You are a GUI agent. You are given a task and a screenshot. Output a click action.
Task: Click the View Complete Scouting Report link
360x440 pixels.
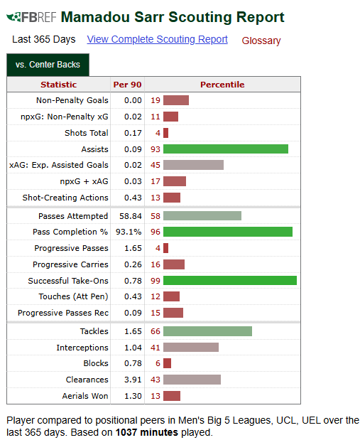tap(157, 39)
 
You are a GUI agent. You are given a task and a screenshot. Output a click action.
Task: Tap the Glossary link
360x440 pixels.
tap(261, 41)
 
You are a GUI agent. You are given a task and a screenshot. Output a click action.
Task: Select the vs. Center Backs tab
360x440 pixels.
tap(48, 65)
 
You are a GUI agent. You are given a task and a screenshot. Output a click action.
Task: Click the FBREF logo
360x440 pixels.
tap(31, 17)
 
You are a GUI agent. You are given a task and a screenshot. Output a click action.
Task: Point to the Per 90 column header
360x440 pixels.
tap(127, 85)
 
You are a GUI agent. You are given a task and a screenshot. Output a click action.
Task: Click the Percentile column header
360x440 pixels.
tap(222, 85)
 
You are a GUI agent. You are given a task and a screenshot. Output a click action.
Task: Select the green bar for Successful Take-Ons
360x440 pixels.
tap(230, 280)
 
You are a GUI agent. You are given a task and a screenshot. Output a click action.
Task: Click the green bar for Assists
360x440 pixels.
tap(226, 149)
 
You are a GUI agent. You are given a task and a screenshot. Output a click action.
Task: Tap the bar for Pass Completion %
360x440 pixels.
tap(228, 232)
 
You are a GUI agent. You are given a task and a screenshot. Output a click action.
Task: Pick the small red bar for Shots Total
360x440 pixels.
tap(165, 133)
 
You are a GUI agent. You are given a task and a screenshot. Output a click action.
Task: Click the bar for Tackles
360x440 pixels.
tap(207, 331)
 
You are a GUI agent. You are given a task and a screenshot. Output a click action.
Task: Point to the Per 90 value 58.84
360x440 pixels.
tap(131, 216)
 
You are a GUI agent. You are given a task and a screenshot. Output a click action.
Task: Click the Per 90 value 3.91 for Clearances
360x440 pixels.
tap(133, 380)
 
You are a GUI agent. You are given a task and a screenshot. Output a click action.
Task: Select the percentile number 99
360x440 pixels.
tap(156, 281)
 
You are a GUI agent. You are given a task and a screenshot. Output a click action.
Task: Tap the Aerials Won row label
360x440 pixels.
tap(85, 396)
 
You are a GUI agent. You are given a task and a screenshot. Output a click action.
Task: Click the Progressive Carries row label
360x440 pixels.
tap(70, 264)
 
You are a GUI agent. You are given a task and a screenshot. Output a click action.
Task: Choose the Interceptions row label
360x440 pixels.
tap(82, 348)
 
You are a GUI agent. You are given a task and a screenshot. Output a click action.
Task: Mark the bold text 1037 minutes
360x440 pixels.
tap(147, 432)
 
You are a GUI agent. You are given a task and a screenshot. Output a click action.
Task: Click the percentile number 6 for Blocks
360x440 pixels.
tap(158, 363)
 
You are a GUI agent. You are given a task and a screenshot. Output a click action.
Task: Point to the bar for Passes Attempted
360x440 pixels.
tap(202, 216)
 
